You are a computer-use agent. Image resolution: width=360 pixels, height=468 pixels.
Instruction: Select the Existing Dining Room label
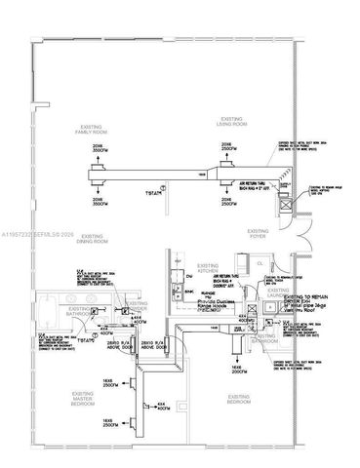click(93, 239)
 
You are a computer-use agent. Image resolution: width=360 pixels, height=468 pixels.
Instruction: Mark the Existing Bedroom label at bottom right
click(241, 398)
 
